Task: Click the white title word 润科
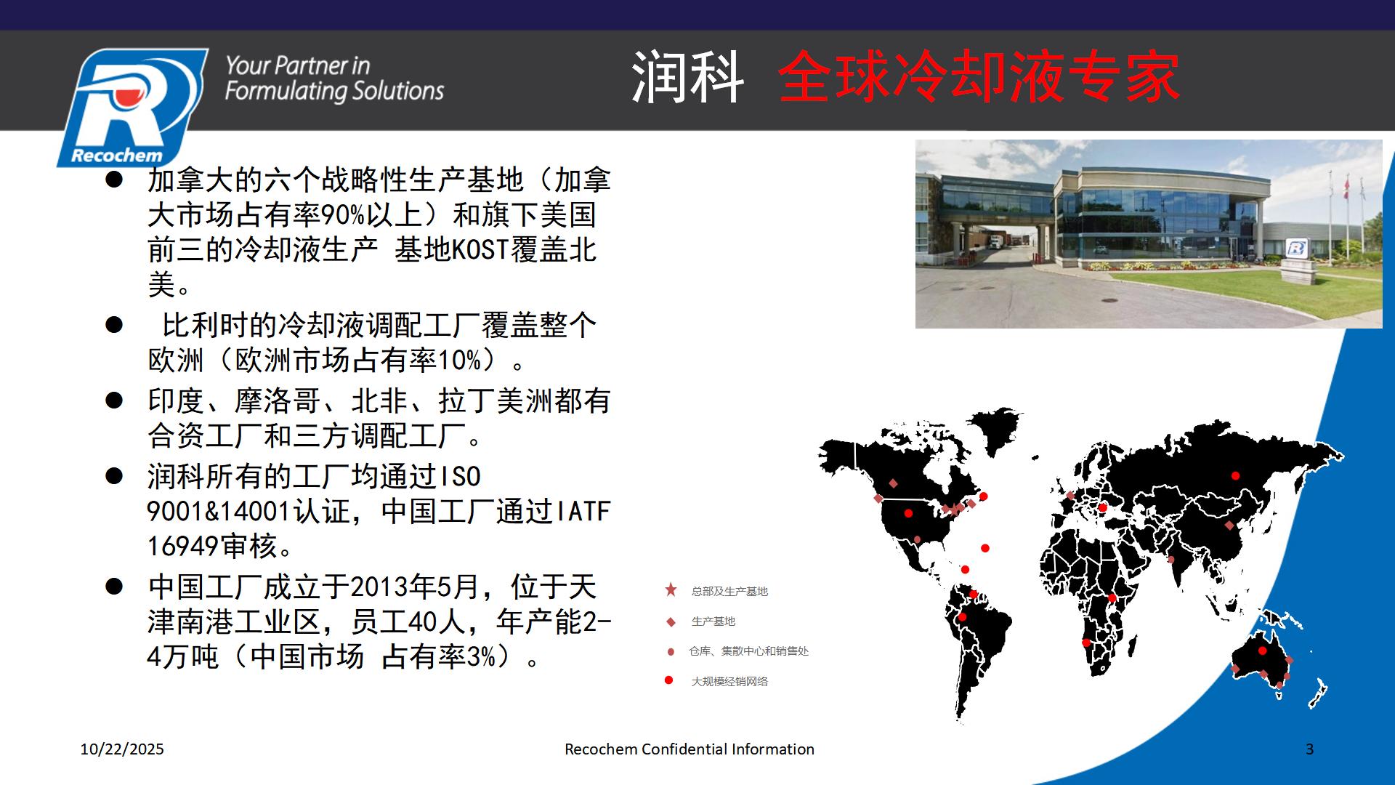pos(687,77)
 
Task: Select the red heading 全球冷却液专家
pos(979,77)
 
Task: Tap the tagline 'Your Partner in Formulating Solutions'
pos(334,78)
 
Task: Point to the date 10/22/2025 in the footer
pos(122,749)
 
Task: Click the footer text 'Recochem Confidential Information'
pos(690,749)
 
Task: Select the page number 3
pos(1310,749)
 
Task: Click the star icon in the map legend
pos(671,590)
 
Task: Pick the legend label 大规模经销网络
pos(729,682)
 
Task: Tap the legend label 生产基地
pos(713,621)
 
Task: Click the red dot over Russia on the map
pos(1236,476)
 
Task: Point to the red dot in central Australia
pos(1262,651)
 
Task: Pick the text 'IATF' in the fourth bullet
pos(583,512)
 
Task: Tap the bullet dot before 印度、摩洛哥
pos(114,400)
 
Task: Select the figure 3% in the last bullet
pos(481,657)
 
